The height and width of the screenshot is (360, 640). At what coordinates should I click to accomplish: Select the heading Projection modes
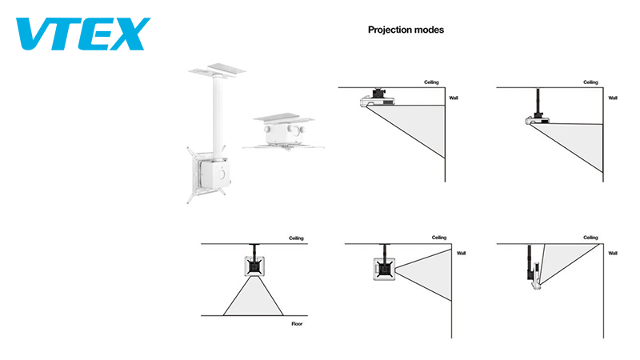pos(406,30)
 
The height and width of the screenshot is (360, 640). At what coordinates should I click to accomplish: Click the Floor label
pos(297,324)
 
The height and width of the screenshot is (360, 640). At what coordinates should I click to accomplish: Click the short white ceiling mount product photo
pos(279,132)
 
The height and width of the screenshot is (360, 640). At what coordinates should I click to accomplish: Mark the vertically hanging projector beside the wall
pos(531,268)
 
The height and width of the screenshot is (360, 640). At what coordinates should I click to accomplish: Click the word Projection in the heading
pos(390,30)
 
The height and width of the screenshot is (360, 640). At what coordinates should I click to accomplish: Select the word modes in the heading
pos(430,30)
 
